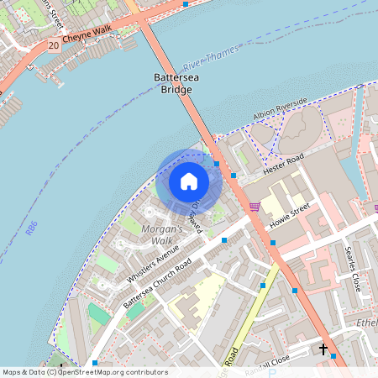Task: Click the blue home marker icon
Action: click(x=189, y=181)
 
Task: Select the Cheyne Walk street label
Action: click(x=86, y=30)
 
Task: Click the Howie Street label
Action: click(x=290, y=216)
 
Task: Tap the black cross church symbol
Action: click(x=323, y=348)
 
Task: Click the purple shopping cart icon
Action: click(x=255, y=207)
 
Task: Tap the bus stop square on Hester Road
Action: click(x=234, y=176)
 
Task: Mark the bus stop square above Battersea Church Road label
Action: click(x=223, y=240)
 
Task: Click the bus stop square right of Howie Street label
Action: click(x=273, y=243)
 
